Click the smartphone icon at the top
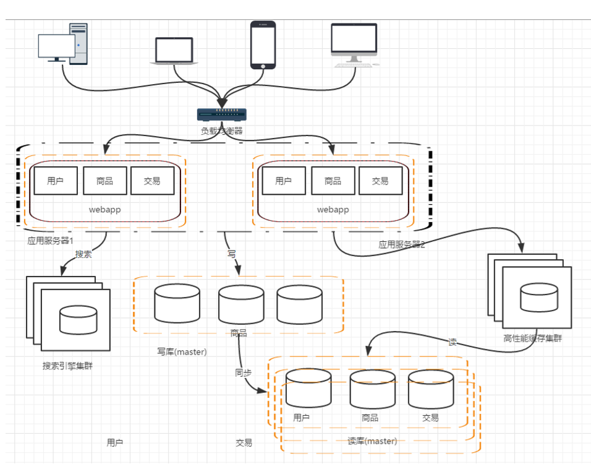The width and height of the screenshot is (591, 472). click(x=263, y=45)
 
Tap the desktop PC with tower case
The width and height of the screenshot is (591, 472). click(x=63, y=45)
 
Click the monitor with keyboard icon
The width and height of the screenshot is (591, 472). click(x=354, y=45)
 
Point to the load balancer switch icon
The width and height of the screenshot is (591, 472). click(x=221, y=114)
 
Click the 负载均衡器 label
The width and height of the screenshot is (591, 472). click(x=221, y=131)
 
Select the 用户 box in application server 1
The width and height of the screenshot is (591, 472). click(x=56, y=181)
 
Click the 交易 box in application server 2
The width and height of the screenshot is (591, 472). click(x=380, y=181)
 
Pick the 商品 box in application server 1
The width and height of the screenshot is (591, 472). click(x=104, y=181)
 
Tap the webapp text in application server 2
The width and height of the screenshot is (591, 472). click(x=333, y=210)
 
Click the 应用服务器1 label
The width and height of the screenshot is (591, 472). click(x=49, y=241)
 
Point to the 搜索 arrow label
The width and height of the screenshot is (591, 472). click(x=83, y=254)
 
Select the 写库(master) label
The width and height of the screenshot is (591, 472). click(x=182, y=351)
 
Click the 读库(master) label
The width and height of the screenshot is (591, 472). click(x=372, y=441)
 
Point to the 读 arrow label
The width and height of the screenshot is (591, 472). click(x=453, y=342)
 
